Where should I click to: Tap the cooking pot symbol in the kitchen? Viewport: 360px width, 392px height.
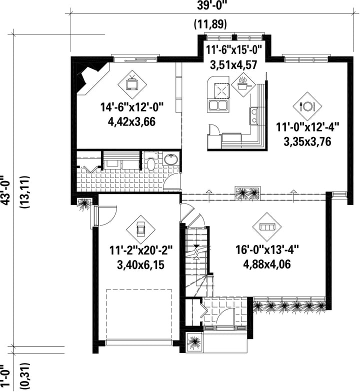click(243, 85)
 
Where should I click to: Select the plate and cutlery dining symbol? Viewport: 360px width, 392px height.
click(307, 106)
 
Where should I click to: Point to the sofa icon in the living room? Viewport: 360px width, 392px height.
click(267, 226)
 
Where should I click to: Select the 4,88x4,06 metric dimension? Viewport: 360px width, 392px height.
click(267, 264)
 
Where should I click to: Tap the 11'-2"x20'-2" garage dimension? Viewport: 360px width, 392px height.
click(141, 250)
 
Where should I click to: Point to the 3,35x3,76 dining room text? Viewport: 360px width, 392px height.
click(307, 141)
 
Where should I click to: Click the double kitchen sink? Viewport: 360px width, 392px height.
click(218, 105)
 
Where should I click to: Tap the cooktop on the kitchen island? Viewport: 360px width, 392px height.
click(220, 90)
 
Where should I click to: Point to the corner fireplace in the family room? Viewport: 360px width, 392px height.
click(90, 78)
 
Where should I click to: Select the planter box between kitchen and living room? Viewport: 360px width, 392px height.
click(248, 193)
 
